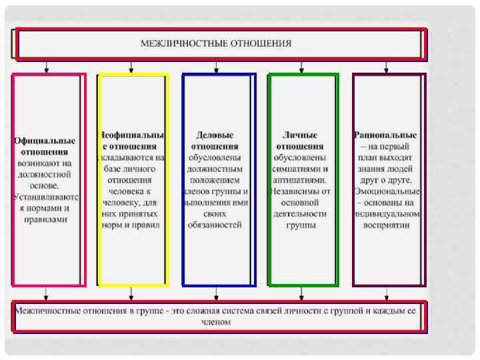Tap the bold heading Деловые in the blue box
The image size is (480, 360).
tap(215, 135)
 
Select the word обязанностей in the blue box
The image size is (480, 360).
tap(215, 225)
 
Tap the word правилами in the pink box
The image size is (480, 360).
tap(45, 219)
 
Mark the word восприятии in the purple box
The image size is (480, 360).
tap(387, 225)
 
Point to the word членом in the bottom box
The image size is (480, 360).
tap(217, 322)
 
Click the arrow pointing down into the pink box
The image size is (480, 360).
tap(45, 67)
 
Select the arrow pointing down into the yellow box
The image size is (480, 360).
tap(131, 67)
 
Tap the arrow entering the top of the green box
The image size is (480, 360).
tap(302, 67)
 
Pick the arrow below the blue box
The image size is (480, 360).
tap(217, 293)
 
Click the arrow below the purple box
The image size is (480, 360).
tap(387, 293)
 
